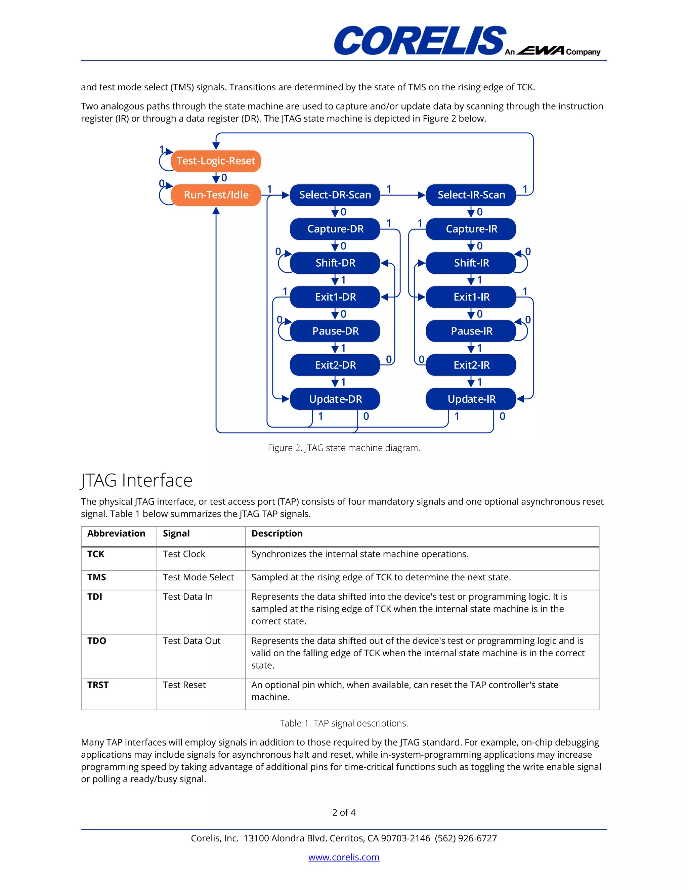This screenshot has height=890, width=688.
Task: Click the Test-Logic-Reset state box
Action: tap(216, 161)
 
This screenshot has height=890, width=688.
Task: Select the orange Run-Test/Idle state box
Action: tap(216, 195)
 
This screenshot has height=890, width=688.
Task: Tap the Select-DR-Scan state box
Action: tap(335, 195)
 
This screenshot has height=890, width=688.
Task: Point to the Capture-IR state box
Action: tap(471, 229)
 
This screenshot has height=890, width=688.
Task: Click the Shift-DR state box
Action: tap(335, 263)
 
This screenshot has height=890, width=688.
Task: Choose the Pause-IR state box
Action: tap(471, 331)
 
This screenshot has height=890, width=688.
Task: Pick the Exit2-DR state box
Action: tap(335, 365)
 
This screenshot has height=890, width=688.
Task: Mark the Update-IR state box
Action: tap(471, 399)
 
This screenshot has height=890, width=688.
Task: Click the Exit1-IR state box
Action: tap(471, 297)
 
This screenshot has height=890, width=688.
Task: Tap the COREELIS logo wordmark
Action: tap(420, 40)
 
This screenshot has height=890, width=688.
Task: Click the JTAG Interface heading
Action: tap(136, 480)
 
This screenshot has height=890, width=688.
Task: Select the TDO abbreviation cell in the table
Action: tap(97, 640)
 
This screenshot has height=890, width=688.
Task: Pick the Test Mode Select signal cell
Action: tap(198, 577)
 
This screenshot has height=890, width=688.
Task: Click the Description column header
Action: tap(277, 533)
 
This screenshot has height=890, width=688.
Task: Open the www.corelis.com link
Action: tap(344, 857)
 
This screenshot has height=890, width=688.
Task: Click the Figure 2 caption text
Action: tap(344, 448)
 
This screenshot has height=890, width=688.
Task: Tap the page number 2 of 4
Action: tap(344, 812)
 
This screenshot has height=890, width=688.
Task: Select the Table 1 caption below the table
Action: tap(344, 723)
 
